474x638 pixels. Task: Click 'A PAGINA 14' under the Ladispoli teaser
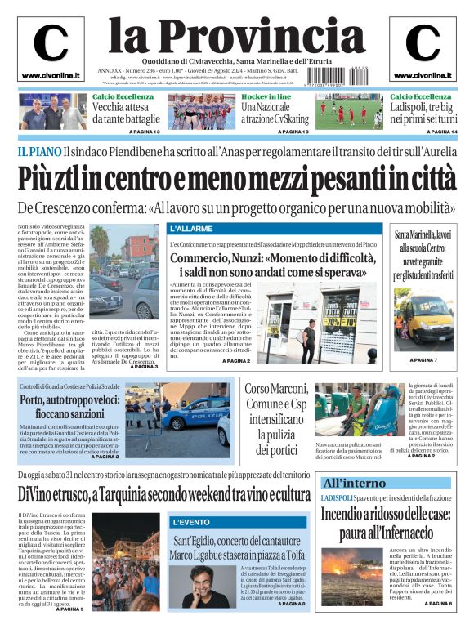coord(436,132)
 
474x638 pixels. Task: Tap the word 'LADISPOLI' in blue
coord(338,497)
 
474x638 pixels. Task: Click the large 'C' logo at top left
coord(51,43)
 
